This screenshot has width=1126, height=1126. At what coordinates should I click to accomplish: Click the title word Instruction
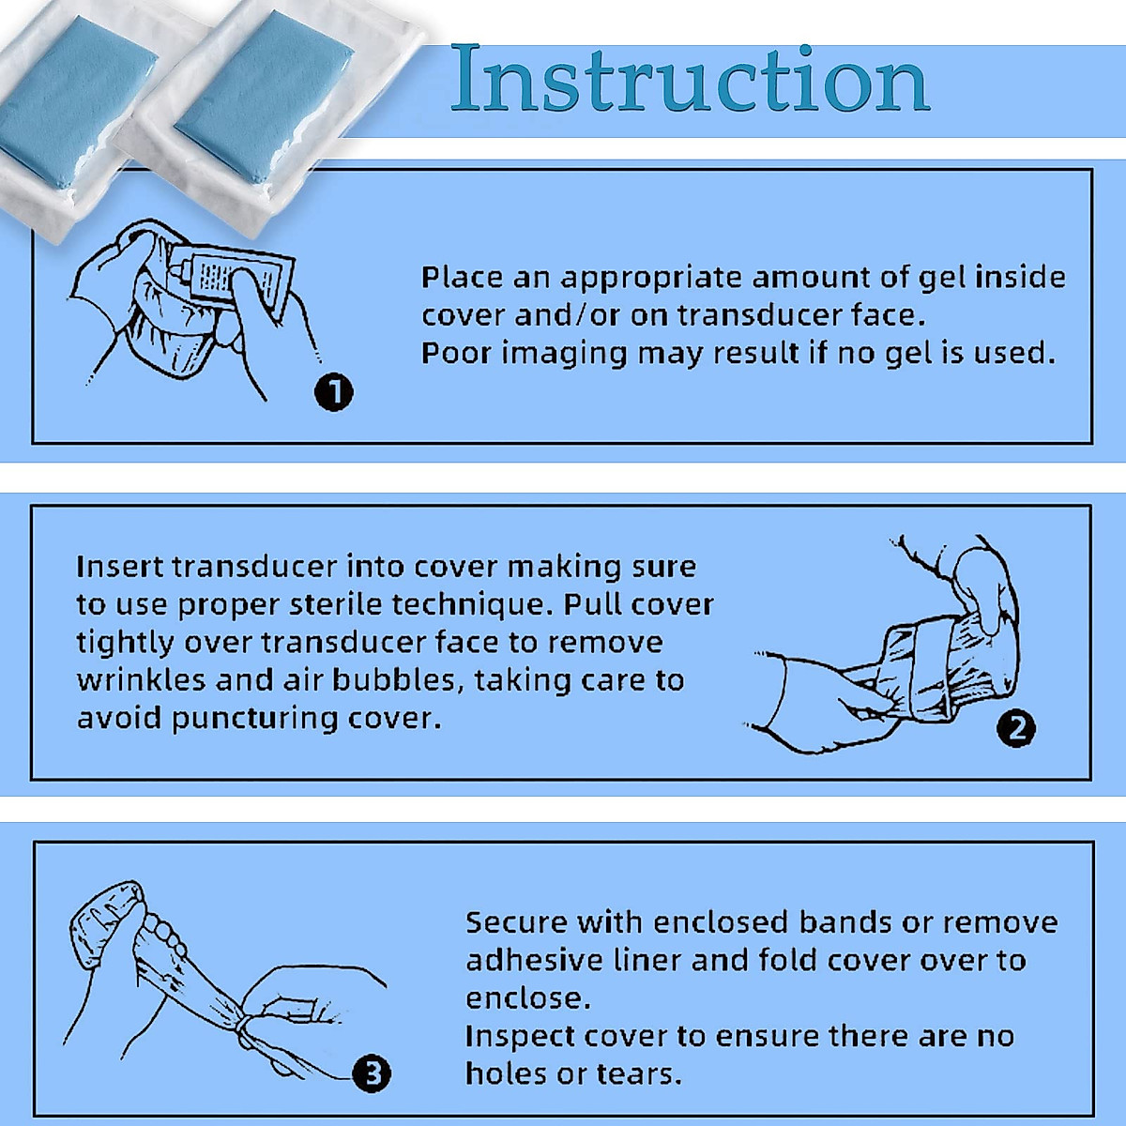[690, 78]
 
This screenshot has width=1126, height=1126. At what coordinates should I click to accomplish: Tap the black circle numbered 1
[334, 391]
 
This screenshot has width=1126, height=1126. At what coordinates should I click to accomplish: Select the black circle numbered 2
[1016, 728]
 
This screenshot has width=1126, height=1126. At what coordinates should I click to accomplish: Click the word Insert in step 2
[119, 567]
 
